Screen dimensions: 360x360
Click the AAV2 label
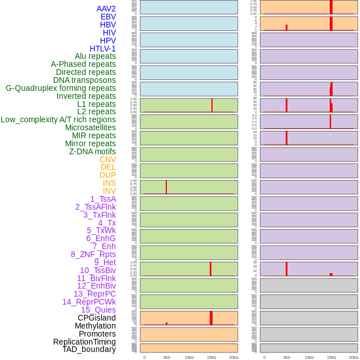click(x=106, y=9)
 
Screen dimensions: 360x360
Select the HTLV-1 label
click(x=103, y=49)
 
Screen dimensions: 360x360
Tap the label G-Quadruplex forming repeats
click(x=61, y=88)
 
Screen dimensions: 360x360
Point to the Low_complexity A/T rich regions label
click(x=58, y=119)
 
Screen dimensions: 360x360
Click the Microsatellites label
click(x=90, y=127)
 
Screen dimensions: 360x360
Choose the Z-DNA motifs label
click(x=93, y=151)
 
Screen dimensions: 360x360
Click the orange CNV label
click(x=107, y=159)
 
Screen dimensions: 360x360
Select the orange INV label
click(x=109, y=191)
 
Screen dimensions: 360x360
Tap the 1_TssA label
click(x=103, y=199)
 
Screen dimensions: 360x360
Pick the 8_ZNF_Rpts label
click(x=93, y=254)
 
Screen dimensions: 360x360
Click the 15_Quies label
click(x=98, y=310)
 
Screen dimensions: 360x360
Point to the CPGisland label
click(x=97, y=318)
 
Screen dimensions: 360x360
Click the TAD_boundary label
click(x=89, y=349)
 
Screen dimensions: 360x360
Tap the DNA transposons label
click(x=85, y=80)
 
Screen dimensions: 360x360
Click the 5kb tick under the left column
click(x=167, y=357)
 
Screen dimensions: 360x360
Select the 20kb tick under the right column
click(x=354, y=357)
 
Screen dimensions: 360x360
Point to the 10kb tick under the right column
click(x=309, y=357)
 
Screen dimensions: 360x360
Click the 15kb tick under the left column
click(x=211, y=357)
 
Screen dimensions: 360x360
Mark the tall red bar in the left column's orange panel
click(x=211, y=318)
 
